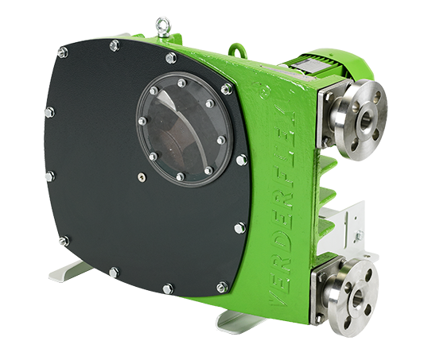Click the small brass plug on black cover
(142, 177)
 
